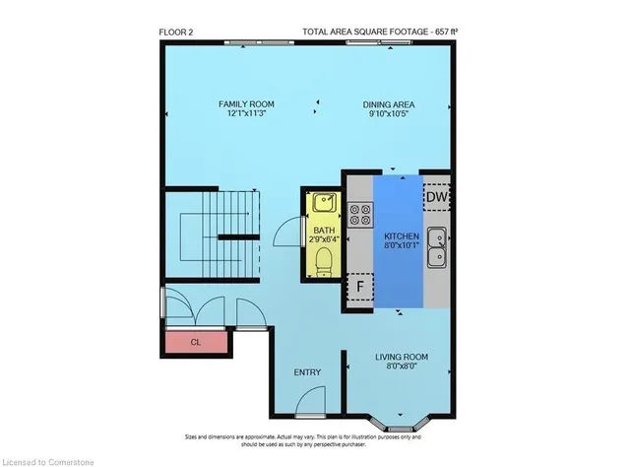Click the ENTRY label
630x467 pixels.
307,372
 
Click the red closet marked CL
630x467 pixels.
195,343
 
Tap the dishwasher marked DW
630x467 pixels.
436,198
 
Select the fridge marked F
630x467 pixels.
360,288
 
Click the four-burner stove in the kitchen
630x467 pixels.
359,214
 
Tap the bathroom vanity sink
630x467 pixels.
324,204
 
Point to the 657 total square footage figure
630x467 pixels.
439,32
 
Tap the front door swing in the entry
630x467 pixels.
310,401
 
